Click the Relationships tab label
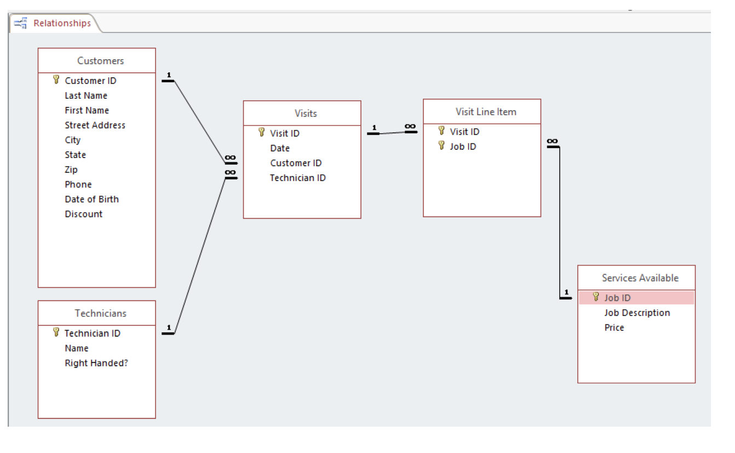(62, 23)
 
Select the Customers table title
(100, 61)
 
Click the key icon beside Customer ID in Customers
(56, 80)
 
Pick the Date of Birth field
(91, 199)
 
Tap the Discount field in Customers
(83, 214)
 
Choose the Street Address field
(95, 125)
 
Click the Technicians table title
(100, 313)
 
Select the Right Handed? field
(96, 363)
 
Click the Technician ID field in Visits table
(297, 178)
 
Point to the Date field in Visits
(279, 148)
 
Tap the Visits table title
(305, 114)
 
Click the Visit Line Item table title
(485, 112)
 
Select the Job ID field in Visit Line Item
(463, 146)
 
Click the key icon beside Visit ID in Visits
(261, 133)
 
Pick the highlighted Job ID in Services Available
(617, 298)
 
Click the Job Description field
(636, 313)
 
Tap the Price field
(614, 327)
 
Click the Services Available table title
(640, 278)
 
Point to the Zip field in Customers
(71, 169)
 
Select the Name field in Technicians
(76, 348)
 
